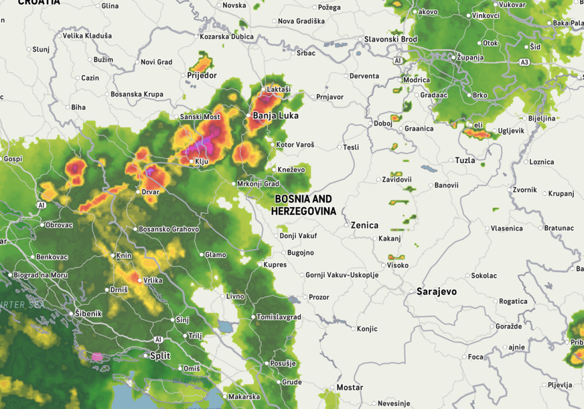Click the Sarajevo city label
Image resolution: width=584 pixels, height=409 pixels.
point(436,292)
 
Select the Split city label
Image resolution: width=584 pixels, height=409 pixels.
point(159,355)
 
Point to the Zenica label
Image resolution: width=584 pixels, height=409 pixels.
point(364,225)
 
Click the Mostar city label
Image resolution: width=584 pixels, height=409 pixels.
point(349,388)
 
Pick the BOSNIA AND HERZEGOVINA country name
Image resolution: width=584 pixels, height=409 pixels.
point(303,205)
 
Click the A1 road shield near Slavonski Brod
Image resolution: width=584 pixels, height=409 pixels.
point(398,61)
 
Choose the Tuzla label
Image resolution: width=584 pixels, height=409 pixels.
point(465,160)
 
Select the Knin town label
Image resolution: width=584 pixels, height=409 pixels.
point(124,255)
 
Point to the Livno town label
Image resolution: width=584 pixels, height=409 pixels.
point(235,296)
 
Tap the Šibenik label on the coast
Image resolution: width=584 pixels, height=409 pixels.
point(88,313)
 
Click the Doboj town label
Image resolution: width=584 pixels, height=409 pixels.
point(383,123)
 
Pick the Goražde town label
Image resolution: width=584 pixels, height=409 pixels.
point(509,326)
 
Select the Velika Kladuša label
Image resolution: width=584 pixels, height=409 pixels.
point(87,36)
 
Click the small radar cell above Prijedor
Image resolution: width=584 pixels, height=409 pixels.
point(202,62)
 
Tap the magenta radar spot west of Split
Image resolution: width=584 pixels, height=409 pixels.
point(98,357)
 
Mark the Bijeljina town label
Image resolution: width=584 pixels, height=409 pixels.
point(542,118)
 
